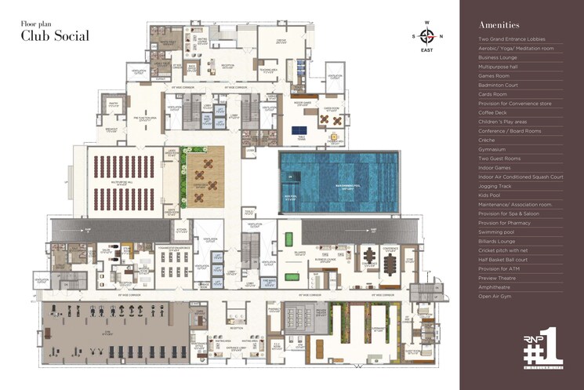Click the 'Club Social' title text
[55, 35]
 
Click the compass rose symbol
[426, 35]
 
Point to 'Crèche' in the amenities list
[488, 140]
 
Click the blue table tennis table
[299, 129]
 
